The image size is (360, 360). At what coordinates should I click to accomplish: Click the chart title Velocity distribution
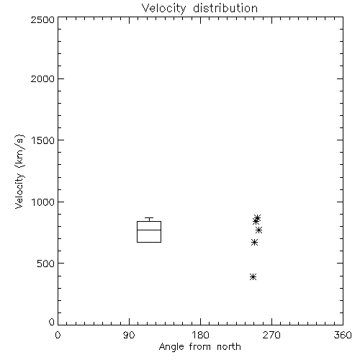[199, 9]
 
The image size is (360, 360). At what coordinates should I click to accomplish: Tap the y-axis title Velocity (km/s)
[19, 171]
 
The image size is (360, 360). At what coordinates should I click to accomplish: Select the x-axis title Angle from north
[199, 347]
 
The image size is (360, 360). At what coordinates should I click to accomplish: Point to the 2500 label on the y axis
[42, 19]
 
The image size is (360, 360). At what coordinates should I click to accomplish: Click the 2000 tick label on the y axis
[42, 78]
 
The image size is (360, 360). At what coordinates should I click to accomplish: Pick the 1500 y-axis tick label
[43, 140]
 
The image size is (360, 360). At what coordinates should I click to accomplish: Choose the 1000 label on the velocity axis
[43, 202]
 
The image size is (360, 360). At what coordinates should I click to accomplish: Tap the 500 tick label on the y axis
[46, 264]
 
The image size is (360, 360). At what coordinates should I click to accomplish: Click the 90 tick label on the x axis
[129, 335]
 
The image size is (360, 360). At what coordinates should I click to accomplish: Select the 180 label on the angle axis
[200, 335]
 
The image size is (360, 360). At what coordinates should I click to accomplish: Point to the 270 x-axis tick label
[271, 335]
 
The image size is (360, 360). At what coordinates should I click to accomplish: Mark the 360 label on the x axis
[343, 335]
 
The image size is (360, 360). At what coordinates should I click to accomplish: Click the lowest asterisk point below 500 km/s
[253, 277]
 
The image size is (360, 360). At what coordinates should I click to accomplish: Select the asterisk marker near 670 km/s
[254, 243]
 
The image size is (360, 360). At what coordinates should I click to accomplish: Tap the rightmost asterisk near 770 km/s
[258, 230]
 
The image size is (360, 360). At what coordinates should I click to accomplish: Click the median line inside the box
[149, 230]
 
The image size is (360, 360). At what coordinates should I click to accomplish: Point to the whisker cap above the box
[149, 218]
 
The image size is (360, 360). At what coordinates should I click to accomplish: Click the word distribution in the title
[225, 9]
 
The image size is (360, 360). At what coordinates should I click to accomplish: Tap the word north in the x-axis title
[229, 347]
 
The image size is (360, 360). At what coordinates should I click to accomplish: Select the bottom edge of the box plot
[149, 242]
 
